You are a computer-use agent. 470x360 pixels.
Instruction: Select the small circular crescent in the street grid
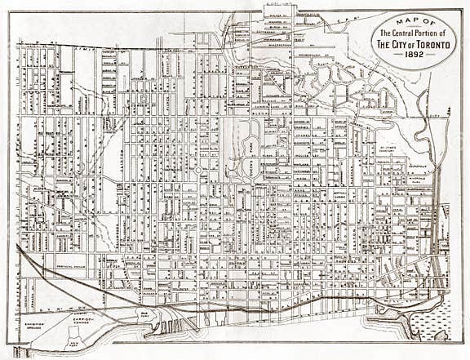click(x=198, y=170)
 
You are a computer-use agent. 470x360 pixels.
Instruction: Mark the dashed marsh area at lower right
click(x=430, y=318)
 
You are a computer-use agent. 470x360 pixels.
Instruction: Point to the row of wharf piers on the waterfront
click(x=173, y=327)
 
